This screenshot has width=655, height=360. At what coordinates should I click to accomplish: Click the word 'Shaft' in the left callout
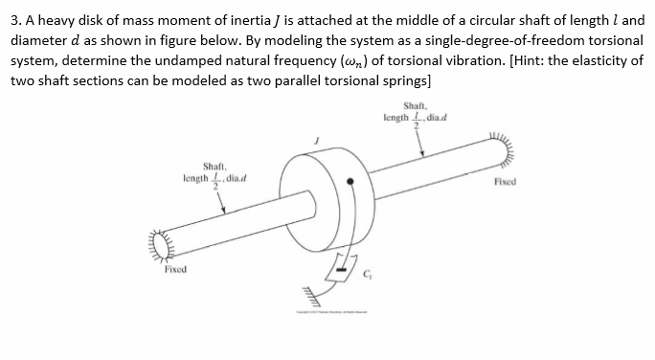coord(213,165)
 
